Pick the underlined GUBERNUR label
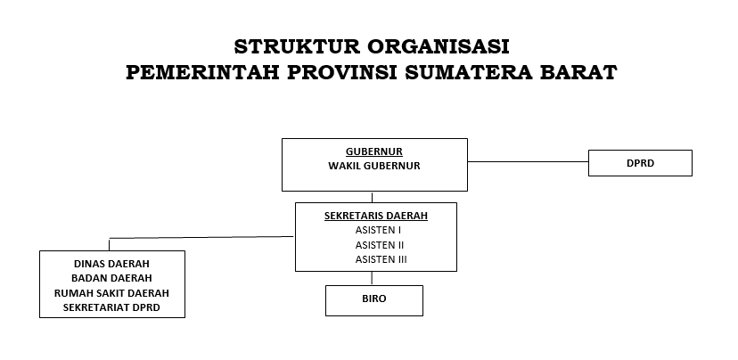374,151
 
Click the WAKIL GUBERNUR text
374,166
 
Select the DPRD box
640,163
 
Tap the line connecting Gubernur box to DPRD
528,162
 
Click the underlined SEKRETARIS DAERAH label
375,216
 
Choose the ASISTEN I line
375,230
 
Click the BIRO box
374,300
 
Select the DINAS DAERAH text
112,264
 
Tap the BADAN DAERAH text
112,278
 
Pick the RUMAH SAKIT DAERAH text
112,292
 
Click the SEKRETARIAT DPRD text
112,307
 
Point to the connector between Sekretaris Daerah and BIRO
372,278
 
